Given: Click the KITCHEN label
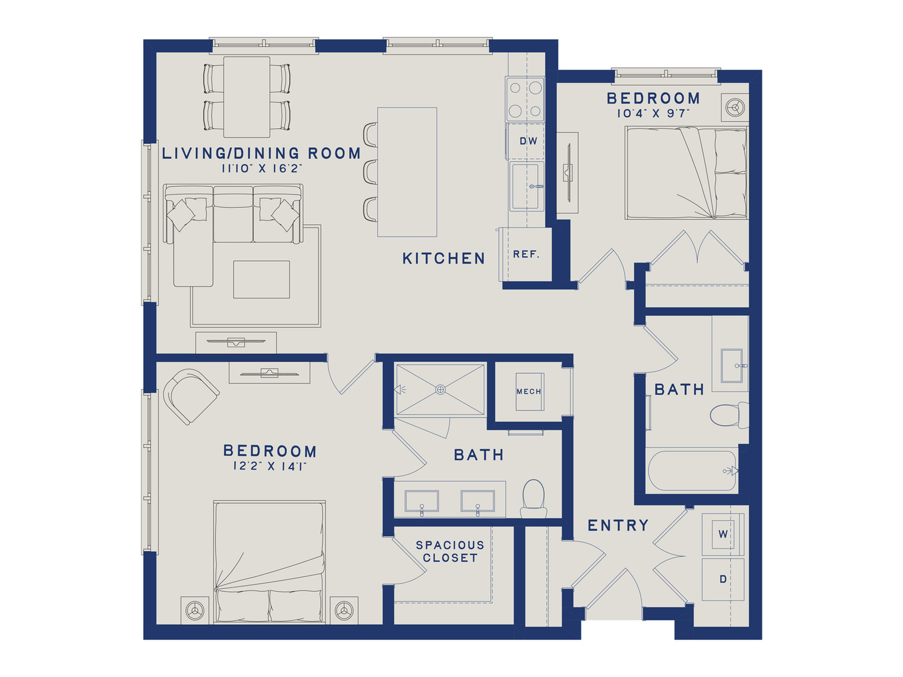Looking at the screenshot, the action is (x=444, y=259).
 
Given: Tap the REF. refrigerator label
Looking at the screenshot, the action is (x=526, y=254).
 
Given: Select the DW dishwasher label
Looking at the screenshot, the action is (x=528, y=141).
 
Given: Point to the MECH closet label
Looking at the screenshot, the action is (x=529, y=391).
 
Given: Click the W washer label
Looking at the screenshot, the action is (x=723, y=534).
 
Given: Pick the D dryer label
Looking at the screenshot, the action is (x=723, y=579).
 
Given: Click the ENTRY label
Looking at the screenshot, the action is (x=618, y=525).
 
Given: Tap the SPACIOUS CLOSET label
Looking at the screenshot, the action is (x=450, y=551).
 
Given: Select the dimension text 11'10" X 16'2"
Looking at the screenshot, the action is (x=261, y=168).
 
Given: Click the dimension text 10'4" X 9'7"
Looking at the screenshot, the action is (x=653, y=113).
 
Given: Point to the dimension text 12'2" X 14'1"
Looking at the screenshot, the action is (x=269, y=466).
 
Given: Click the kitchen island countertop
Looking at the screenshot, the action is (x=407, y=172).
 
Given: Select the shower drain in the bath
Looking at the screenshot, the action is (x=440, y=389).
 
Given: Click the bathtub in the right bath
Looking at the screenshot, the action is (x=692, y=471).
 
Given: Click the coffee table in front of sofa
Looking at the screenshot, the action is (x=261, y=279).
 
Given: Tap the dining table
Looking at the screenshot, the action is (x=246, y=97).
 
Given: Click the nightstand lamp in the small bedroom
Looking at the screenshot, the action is (x=735, y=107).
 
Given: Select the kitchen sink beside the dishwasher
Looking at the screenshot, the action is (x=526, y=186).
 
